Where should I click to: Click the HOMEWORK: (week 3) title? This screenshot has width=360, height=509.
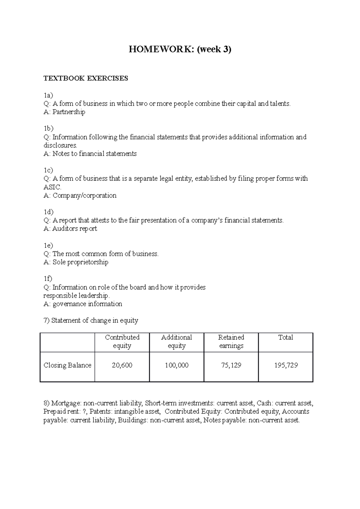tap(180, 49)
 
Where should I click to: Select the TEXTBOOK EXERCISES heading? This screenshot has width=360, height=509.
tap(85, 79)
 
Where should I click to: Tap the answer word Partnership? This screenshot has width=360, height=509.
tap(69, 112)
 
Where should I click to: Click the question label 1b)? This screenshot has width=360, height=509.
tap(48, 129)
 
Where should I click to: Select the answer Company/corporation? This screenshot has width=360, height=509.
tap(84, 196)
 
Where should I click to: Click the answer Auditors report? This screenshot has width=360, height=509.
tap(74, 229)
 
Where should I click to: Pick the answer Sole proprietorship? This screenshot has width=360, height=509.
tap(80, 262)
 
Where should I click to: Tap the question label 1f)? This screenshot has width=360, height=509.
tap(48, 279)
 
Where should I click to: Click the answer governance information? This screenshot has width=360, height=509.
tap(87, 304)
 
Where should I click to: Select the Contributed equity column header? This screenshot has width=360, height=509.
tap(122, 342)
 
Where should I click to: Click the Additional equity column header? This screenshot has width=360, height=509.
tap(176, 342)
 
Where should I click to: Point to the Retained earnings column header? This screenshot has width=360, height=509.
tap(231, 342)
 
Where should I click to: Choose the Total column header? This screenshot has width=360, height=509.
tap(285, 338)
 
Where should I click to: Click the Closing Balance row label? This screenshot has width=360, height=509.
tap(67, 365)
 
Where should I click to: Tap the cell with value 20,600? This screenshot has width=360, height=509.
tap(122, 365)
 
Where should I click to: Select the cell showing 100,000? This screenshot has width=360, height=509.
tap(176, 365)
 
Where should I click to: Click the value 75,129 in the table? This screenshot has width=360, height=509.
tap(231, 365)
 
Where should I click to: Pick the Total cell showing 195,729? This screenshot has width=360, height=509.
tap(286, 365)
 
